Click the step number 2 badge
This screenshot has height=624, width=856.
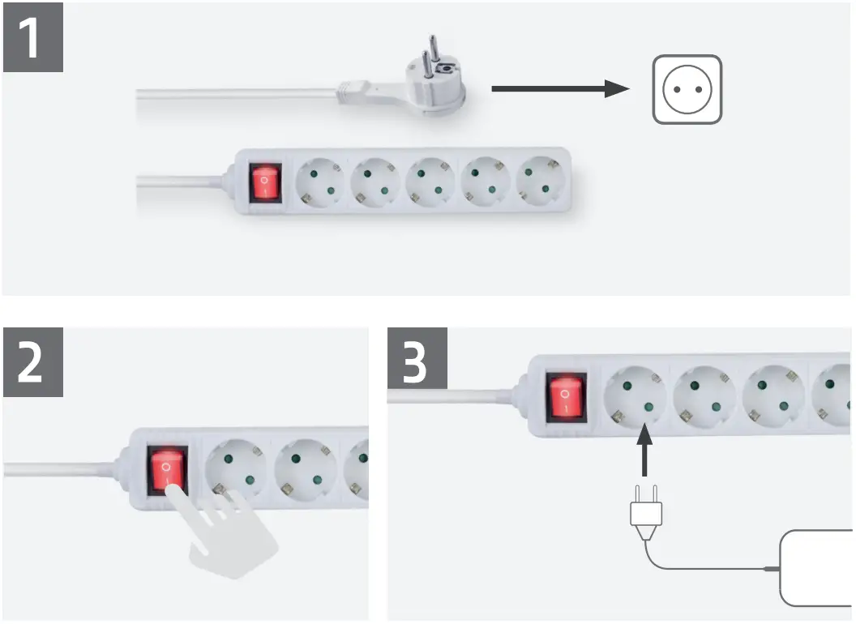[x=32, y=362]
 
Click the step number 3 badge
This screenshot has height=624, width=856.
[x=417, y=362]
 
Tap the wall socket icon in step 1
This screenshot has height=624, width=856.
[x=687, y=89]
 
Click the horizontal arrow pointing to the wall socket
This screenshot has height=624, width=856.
[x=559, y=89]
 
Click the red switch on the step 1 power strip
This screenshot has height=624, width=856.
[x=264, y=182]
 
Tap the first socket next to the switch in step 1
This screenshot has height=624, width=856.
[x=320, y=182]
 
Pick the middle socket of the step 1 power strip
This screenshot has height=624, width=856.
[x=430, y=182]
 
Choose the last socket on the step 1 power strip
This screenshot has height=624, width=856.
[x=539, y=182]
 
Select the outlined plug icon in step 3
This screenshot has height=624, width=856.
[x=646, y=515]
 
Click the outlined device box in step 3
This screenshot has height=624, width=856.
[x=816, y=568]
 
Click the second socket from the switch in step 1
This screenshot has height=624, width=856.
[x=375, y=182]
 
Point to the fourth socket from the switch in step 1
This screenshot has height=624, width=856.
[x=485, y=182]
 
